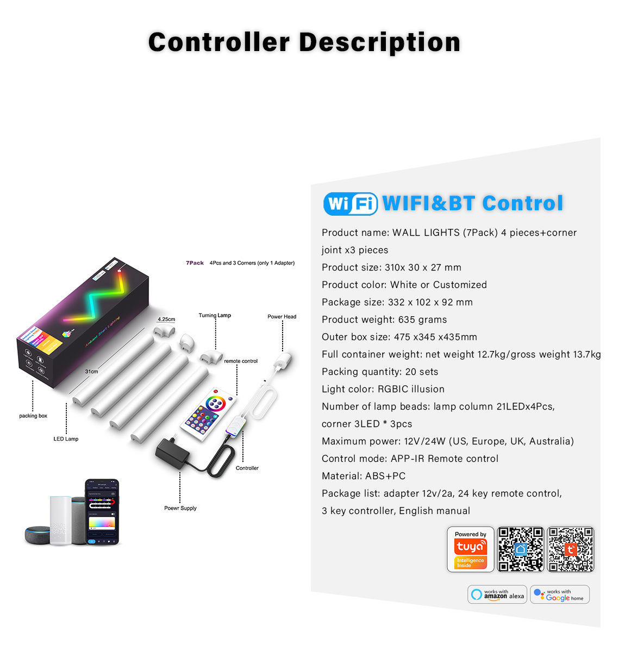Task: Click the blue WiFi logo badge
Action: click(350, 204)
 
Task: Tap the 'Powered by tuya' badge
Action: click(470, 549)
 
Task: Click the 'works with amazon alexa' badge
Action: click(497, 594)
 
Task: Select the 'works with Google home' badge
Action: click(560, 594)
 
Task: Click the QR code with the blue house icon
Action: click(520, 549)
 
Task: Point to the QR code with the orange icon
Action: click(571, 549)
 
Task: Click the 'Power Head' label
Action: click(282, 317)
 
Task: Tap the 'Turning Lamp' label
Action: click(215, 315)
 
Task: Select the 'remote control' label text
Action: click(241, 361)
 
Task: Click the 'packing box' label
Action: click(33, 416)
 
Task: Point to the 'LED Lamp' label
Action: click(66, 439)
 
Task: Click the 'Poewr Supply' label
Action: click(180, 509)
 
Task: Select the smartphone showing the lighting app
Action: click(102, 512)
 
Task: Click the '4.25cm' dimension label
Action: click(166, 319)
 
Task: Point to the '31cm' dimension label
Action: click(91, 372)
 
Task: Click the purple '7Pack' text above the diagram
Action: click(195, 263)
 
